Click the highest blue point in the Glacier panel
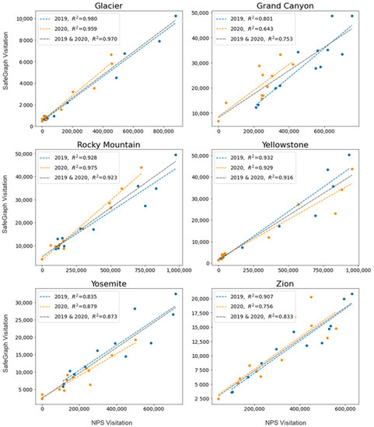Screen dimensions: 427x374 [176, 16]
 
